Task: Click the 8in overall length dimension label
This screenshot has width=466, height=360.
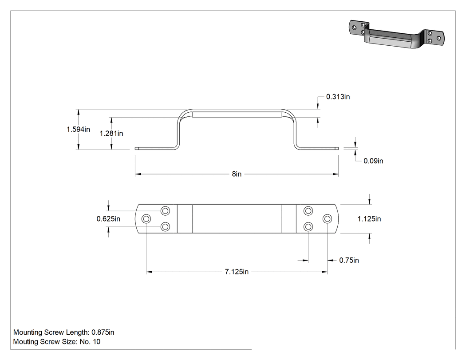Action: (237, 174)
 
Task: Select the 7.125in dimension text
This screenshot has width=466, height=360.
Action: (237, 272)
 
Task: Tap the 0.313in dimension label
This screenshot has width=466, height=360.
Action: (338, 97)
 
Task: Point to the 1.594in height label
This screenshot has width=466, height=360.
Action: (78, 129)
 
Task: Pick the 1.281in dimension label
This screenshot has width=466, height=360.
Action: (111, 134)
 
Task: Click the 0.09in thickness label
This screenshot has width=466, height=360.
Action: (373, 161)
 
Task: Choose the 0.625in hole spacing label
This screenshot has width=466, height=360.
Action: (108, 219)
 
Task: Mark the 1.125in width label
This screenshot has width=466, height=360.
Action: (369, 219)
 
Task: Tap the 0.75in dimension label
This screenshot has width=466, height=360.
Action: (349, 260)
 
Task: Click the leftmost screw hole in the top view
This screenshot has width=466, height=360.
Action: (146, 219)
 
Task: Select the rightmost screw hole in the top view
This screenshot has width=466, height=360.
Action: (327, 219)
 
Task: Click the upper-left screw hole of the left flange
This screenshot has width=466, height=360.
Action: (165, 211)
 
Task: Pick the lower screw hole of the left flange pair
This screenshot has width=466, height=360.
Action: (165, 227)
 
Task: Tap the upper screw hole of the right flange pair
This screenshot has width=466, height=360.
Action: (308, 211)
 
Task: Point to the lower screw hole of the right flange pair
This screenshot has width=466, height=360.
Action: (308, 227)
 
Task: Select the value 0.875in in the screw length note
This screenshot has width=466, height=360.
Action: (103, 332)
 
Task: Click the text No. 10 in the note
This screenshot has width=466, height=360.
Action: (90, 342)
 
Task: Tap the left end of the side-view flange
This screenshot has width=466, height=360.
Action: (135, 148)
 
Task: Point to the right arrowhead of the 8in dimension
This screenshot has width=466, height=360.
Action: (336, 174)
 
